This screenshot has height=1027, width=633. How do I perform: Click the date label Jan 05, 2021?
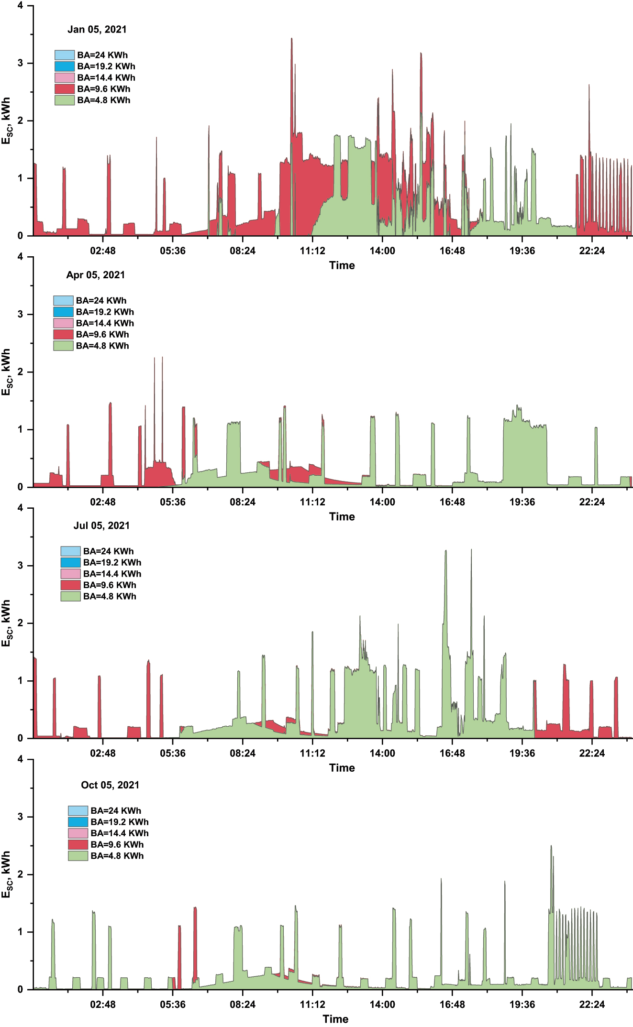tap(97, 30)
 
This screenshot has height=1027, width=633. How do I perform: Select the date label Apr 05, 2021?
tap(96, 275)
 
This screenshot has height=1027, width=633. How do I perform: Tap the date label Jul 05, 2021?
tap(101, 525)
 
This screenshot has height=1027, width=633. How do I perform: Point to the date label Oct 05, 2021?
tap(110, 785)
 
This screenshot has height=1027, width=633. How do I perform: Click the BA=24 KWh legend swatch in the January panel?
tap(65, 55)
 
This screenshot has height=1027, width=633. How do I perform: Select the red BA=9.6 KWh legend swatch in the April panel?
tap(63, 334)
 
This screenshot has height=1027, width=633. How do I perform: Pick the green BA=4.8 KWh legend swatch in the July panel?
tap(70, 596)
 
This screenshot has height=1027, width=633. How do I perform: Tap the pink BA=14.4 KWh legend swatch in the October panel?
tap(78, 833)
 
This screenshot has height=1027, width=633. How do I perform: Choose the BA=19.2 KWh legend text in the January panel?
tap(106, 66)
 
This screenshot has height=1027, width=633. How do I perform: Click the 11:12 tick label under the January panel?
tap(312, 251)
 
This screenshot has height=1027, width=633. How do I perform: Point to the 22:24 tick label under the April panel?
tap(592, 502)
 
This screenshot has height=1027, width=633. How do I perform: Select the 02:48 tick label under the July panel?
tap(103, 753)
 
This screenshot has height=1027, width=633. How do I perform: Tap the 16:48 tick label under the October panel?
tap(452, 1005)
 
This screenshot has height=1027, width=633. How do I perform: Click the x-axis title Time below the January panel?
tap(342, 265)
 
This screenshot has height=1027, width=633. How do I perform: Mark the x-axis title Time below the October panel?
tap(335, 1019)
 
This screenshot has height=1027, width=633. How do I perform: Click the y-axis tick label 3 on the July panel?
tap(20, 566)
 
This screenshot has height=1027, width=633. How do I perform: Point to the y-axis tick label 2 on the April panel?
tap(20, 372)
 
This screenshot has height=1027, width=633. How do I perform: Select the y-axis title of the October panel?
tap(6, 874)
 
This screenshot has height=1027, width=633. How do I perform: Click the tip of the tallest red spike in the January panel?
tap(291, 39)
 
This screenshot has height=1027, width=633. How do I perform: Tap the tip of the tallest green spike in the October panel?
tap(551, 846)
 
